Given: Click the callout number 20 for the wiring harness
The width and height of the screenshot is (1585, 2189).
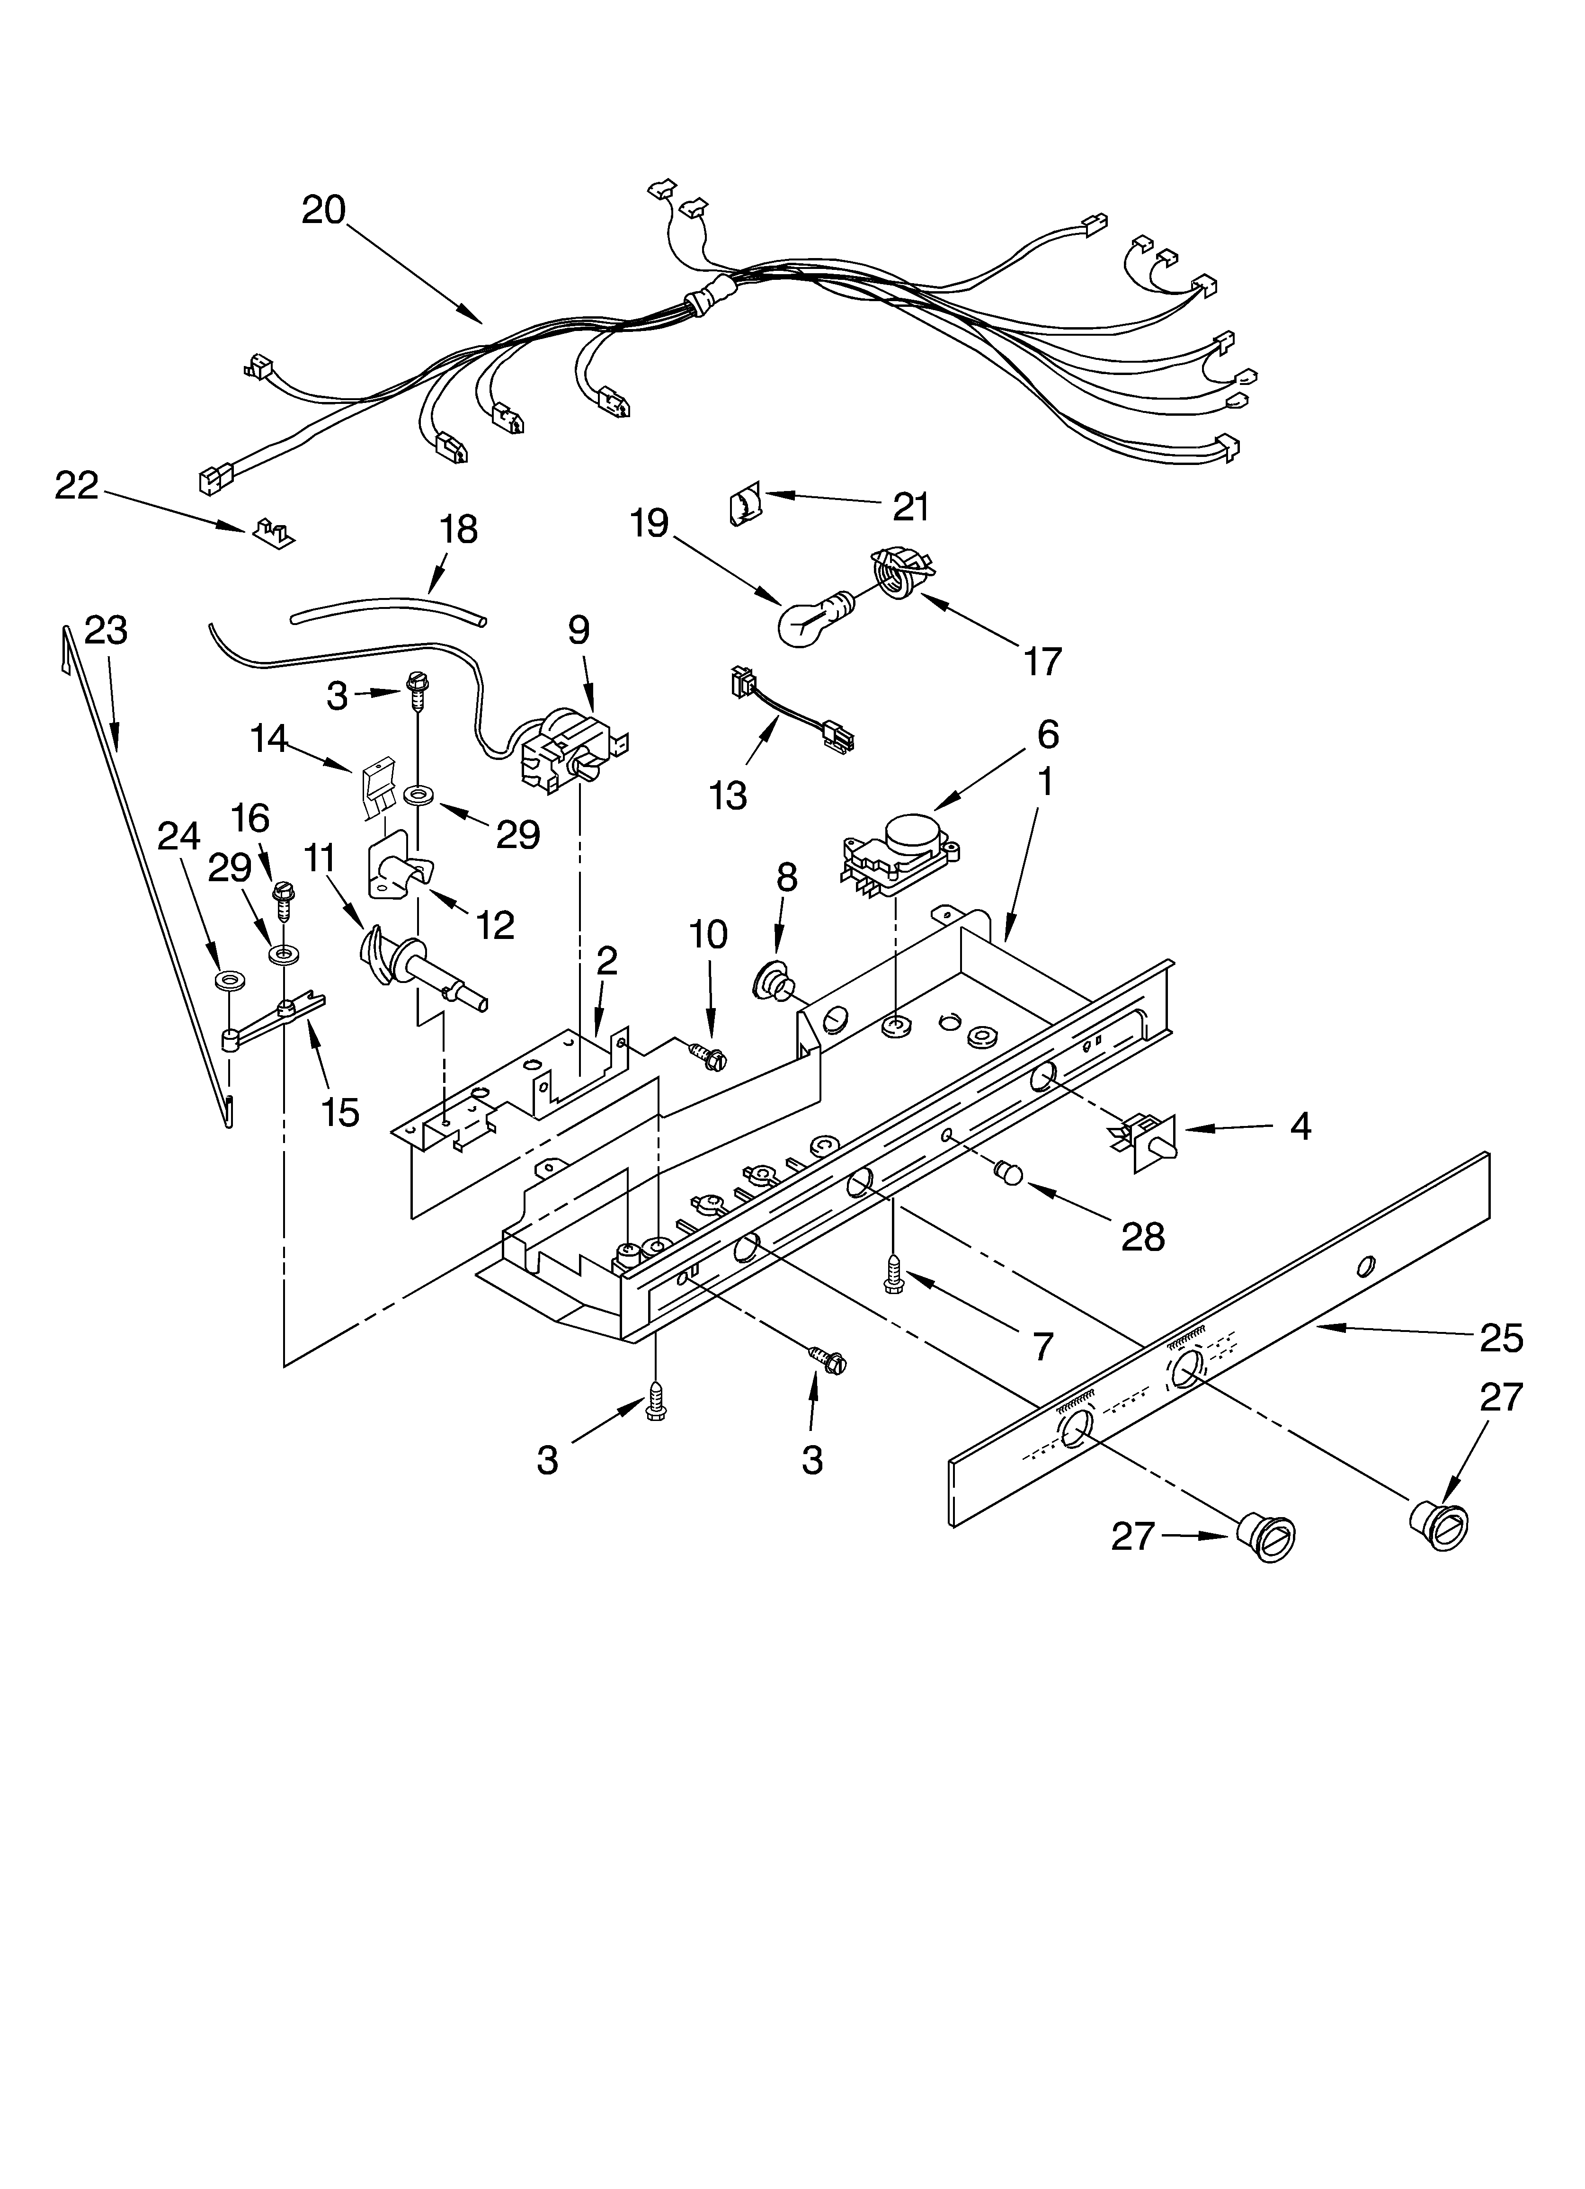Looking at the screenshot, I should pyautogui.click(x=323, y=209).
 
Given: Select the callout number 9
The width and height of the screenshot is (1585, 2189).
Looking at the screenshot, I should pyautogui.click(x=578, y=630).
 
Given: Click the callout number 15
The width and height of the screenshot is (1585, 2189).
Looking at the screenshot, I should pyautogui.click(x=340, y=1112).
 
